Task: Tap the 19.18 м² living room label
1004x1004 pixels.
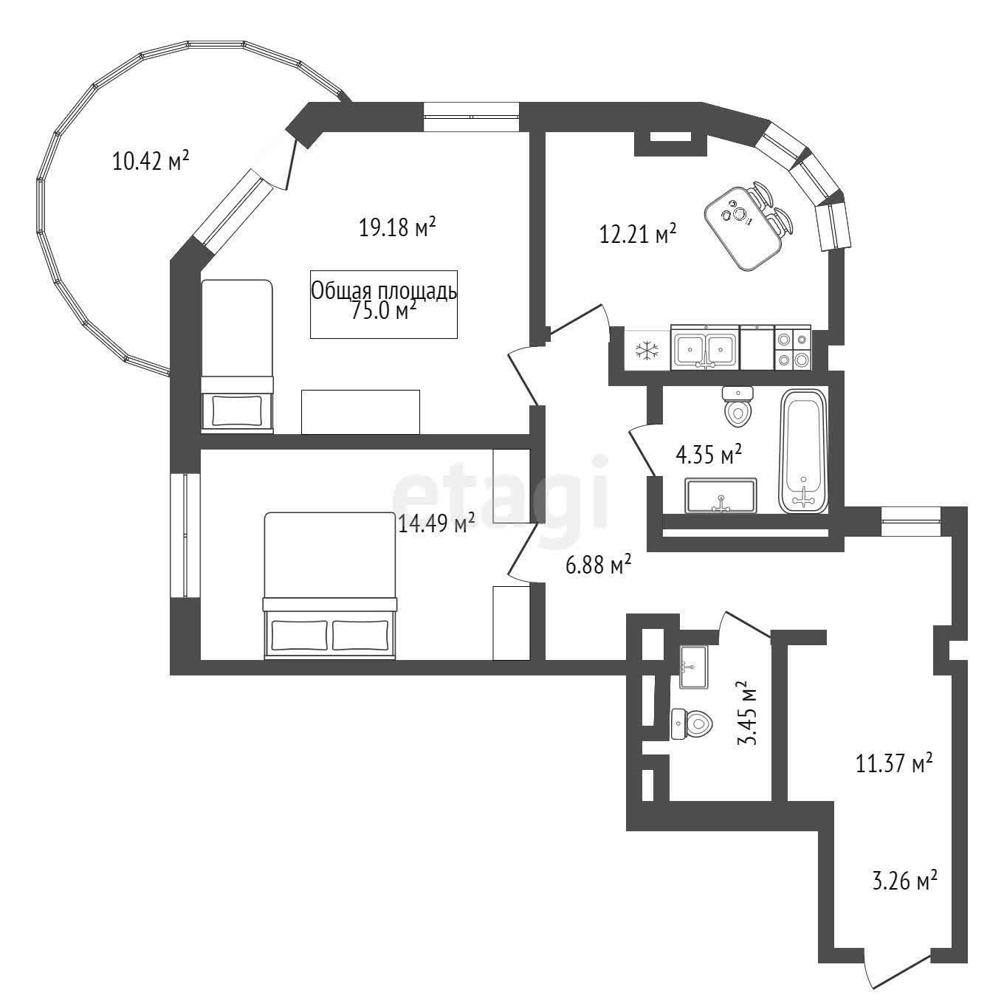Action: tap(397, 227)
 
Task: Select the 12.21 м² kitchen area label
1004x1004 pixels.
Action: tap(639, 234)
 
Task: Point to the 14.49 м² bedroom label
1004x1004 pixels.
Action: tap(436, 523)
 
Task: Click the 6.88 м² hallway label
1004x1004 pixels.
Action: tap(599, 564)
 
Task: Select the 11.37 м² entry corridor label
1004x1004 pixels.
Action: tap(895, 764)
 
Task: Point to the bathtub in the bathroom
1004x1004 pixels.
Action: tap(803, 450)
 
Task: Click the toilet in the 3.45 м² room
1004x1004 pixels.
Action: tap(692, 723)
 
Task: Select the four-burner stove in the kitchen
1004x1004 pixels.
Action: tap(792, 347)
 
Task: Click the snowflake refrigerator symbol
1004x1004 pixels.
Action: tap(647, 350)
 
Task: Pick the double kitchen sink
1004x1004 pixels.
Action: tap(705, 347)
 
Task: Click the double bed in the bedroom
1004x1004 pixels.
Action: tap(330, 585)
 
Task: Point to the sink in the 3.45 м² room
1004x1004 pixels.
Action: tap(693, 667)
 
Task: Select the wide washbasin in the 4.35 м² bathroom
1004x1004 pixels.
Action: tap(721, 495)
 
